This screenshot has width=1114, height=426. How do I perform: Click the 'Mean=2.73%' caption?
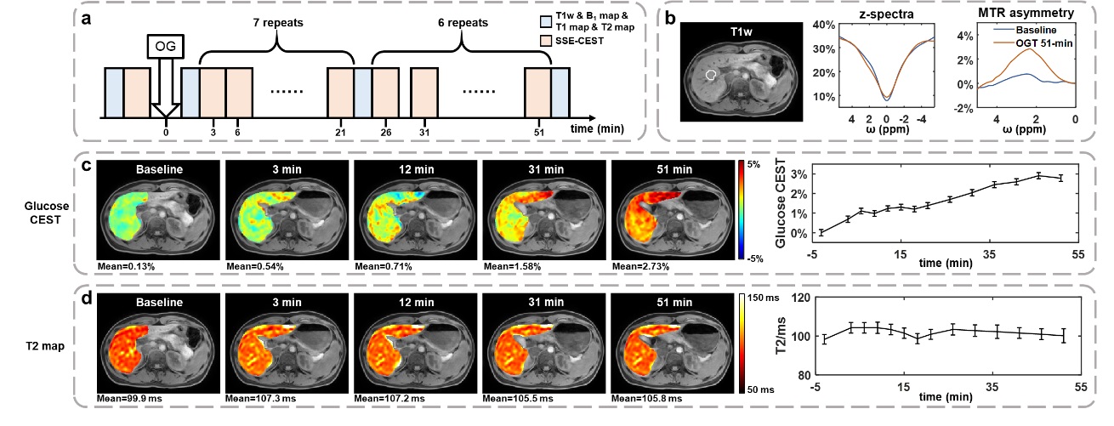pyautogui.click(x=639, y=267)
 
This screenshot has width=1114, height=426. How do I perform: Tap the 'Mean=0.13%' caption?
pyautogui.click(x=124, y=267)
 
